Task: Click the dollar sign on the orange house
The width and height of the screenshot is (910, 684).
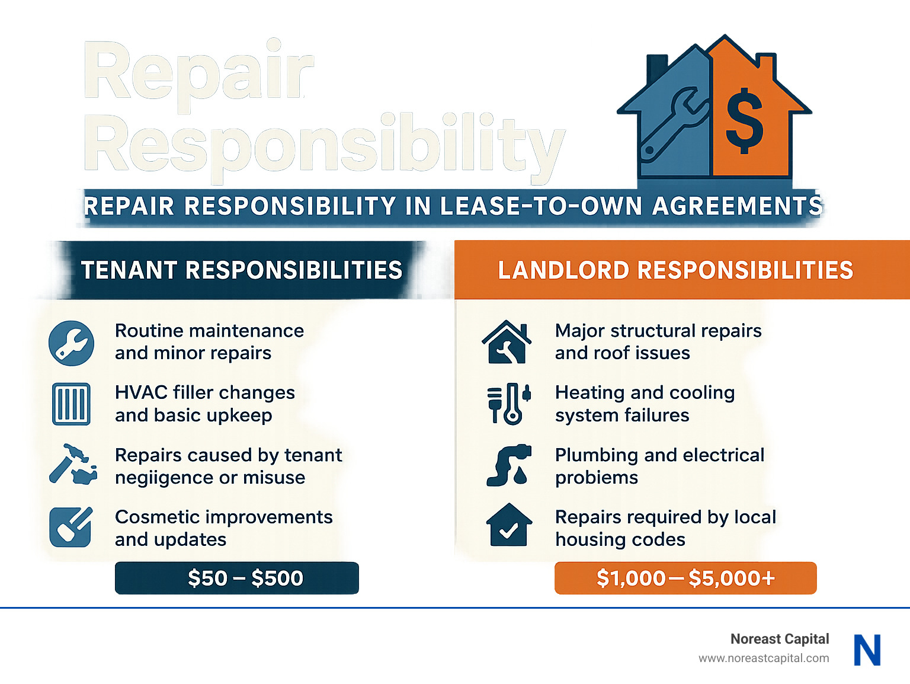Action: click(x=744, y=121)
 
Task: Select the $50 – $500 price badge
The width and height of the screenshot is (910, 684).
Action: click(x=237, y=578)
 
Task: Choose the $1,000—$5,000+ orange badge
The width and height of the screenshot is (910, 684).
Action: click(x=685, y=578)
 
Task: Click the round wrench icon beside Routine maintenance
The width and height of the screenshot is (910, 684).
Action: click(x=71, y=343)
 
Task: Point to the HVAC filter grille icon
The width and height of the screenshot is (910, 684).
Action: click(x=71, y=404)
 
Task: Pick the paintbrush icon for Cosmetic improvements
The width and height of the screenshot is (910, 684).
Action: click(x=71, y=527)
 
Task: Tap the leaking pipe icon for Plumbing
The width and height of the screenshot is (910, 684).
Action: click(x=508, y=465)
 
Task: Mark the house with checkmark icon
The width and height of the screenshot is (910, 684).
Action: click(x=509, y=525)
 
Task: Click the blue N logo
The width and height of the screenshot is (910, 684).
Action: click(x=867, y=650)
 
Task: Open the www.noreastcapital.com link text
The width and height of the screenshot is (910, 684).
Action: click(x=764, y=658)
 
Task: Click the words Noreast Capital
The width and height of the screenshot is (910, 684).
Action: click(x=779, y=639)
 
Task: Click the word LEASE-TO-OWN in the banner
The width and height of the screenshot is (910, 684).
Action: click(x=541, y=206)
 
